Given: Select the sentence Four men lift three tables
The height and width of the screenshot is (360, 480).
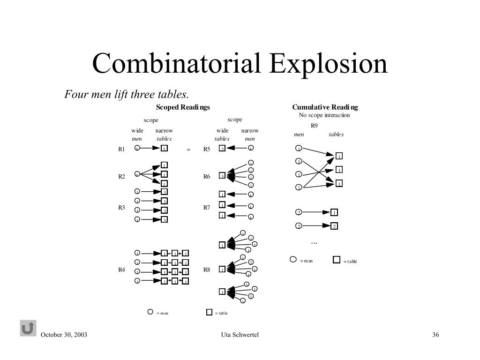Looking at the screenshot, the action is pos(127,94).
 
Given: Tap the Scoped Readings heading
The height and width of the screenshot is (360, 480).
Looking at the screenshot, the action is pos(183,107).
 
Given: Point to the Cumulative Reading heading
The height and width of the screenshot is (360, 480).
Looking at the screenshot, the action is pos(325,107).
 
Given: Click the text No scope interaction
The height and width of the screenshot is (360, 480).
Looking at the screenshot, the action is pos(324,115).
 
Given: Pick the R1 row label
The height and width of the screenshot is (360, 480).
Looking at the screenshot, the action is pos(121,149).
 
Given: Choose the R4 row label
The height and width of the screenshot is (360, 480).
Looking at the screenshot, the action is pos(121,270).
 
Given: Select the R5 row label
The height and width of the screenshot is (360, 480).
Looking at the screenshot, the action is pos(207,149).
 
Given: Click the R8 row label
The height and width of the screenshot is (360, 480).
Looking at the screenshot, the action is pos(207,270).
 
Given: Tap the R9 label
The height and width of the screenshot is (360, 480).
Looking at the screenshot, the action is pos(314,126).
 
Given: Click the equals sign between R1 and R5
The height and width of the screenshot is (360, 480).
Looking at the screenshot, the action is pos(188,150).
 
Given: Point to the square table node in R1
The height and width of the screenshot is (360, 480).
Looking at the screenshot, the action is pos(164,149).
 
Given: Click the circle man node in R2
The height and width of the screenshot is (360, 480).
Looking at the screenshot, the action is pos(137,174).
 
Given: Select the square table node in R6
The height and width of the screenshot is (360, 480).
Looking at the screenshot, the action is pos(222,176).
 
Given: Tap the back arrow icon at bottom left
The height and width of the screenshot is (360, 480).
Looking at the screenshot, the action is pos(28,328).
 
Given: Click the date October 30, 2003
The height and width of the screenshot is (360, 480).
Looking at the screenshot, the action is pos(64,335).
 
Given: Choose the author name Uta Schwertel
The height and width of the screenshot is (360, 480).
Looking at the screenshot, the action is pos(240,335).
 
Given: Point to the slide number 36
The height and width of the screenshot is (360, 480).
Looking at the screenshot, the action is pos(435,335).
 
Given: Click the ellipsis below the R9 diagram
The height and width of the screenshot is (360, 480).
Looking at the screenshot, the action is pos(314,243).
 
